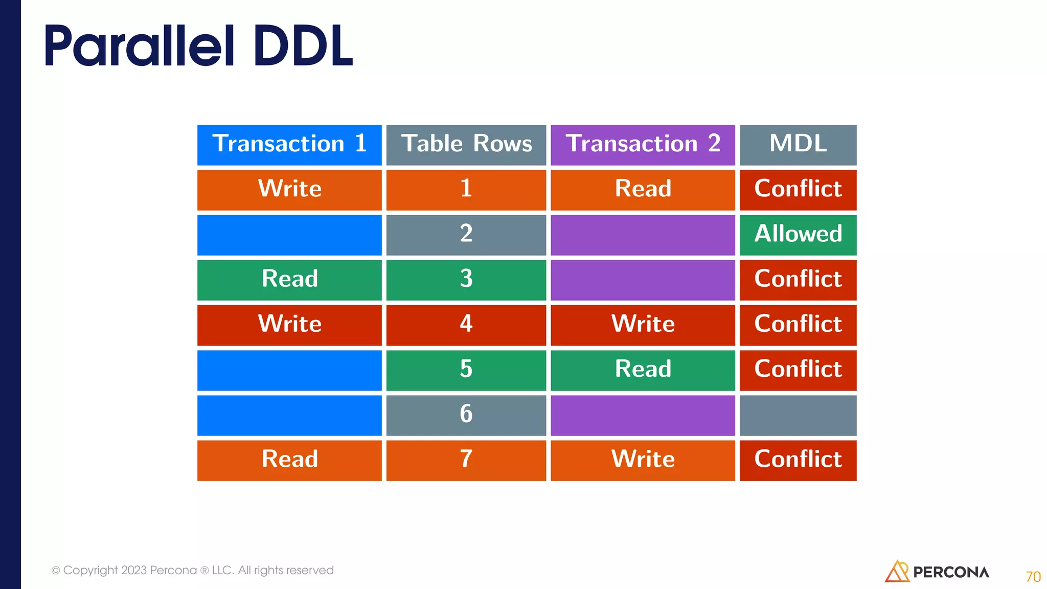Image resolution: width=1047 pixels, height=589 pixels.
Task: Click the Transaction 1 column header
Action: point(289,145)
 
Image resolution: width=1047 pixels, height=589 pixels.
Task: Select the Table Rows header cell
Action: point(466,145)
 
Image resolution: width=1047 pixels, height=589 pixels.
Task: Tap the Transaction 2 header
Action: point(643,145)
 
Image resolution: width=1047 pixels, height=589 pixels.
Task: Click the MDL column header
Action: point(798,145)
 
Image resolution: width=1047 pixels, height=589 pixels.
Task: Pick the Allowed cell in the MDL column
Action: point(798,235)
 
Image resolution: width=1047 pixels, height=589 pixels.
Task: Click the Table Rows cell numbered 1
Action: point(466,190)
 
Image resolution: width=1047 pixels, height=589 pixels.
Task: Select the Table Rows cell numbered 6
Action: point(466,415)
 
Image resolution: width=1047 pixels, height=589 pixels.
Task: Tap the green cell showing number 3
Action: point(466,280)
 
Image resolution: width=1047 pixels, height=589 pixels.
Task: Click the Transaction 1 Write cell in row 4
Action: point(289,325)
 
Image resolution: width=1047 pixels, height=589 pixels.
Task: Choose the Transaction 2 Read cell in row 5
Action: point(643,370)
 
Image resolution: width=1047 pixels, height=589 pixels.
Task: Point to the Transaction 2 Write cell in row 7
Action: point(643,460)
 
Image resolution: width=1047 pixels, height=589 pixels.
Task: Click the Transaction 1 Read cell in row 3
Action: point(289,280)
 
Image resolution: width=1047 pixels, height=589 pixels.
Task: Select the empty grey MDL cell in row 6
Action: point(798,415)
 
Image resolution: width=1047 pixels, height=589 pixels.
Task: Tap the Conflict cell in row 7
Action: point(798,460)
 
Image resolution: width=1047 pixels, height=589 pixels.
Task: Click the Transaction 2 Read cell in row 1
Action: point(643,190)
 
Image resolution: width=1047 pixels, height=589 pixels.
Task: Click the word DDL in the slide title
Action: point(302,47)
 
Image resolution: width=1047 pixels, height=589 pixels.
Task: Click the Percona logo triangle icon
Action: point(896,572)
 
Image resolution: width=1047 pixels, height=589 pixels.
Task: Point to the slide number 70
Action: point(1033,577)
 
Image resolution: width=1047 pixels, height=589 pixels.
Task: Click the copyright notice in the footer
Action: point(193,570)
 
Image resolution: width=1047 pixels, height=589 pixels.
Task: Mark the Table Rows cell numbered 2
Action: point(466,235)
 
